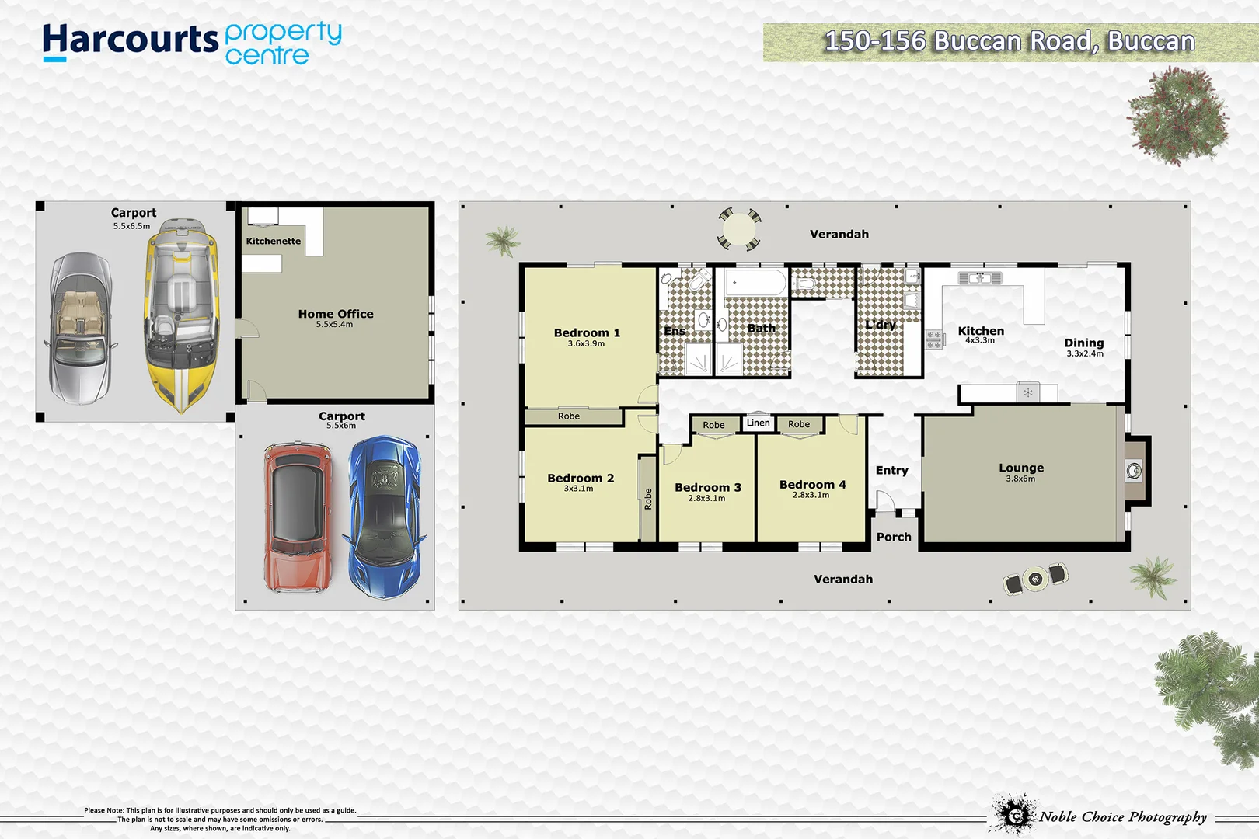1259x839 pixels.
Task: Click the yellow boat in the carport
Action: pos(181,315)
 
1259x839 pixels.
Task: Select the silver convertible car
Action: pos(81,329)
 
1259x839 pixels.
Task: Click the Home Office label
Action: pos(336,314)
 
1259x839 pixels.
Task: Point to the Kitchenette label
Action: pos(273,242)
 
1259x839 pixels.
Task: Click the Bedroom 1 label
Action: pos(587,332)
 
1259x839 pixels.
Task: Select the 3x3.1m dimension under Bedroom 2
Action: pos(578,489)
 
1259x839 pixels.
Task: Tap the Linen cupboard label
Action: pos(758,423)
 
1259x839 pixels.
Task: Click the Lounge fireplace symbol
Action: pos(1134,471)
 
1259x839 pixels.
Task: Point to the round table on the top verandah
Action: pos(738,229)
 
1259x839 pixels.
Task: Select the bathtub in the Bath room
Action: pos(756,283)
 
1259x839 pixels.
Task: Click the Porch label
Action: pos(894,537)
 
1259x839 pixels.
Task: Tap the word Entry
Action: pos(891,470)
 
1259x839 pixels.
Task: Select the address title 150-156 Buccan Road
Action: pos(1009,41)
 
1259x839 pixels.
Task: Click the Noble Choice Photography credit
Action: pos(1122,816)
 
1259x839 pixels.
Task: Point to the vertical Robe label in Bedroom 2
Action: pos(648,499)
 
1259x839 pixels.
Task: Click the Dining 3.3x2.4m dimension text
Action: pos(1084,353)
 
